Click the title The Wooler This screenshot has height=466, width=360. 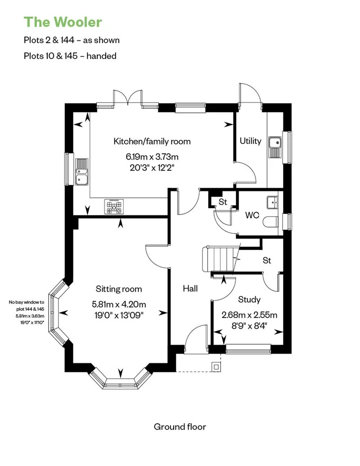pos(63,22)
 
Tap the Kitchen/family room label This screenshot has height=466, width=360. pos(152,141)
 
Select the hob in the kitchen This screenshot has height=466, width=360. pos(114,206)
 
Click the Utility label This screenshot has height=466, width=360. pos(250,141)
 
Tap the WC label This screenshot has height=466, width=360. pos(252,215)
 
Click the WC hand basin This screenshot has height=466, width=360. pos(273,202)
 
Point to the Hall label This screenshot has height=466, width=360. pos(190,288)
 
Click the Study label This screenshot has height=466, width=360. pos(249,300)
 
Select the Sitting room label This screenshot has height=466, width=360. pos(119,289)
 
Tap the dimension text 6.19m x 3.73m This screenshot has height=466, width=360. pos(152,157)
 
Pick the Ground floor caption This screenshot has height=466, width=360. pos(180,426)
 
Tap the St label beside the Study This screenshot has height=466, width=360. pos(267,260)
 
